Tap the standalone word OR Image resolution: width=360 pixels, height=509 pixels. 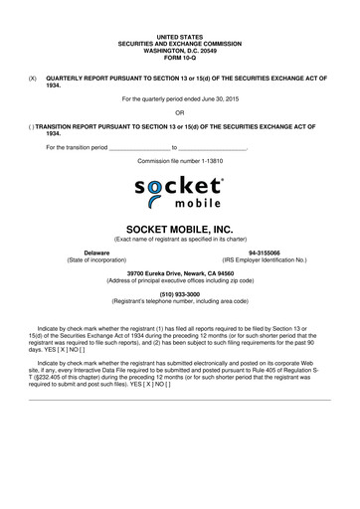tap(180, 113)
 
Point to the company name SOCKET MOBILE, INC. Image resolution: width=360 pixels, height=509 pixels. tap(180, 228)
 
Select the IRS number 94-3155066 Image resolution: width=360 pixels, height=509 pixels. tap(265, 253)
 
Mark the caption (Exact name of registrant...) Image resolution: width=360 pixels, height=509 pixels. tap(180, 240)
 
